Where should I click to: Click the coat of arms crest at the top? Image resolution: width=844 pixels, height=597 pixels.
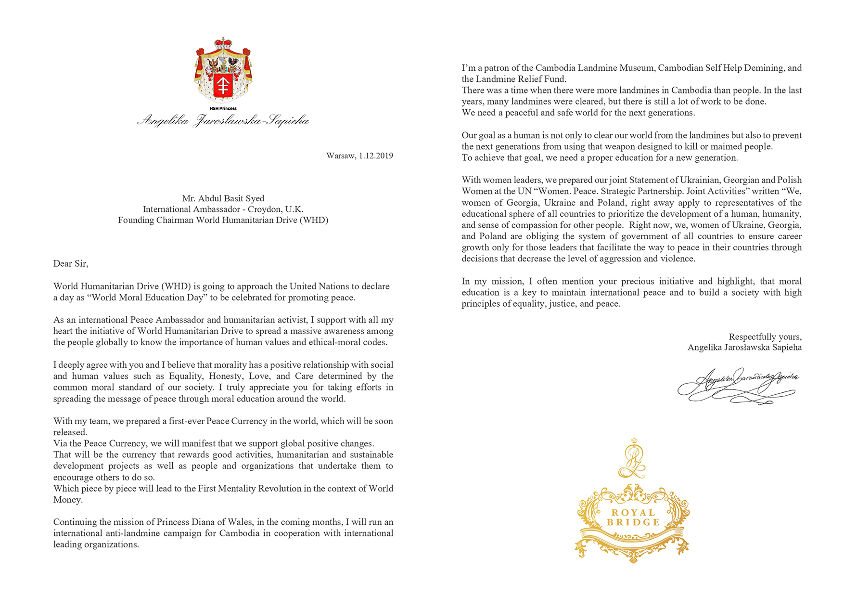(x=223, y=70)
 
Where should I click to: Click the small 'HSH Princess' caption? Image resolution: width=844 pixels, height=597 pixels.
(x=223, y=109)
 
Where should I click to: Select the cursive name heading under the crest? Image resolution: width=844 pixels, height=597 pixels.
(x=223, y=120)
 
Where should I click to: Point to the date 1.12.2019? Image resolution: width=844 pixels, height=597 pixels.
(x=376, y=156)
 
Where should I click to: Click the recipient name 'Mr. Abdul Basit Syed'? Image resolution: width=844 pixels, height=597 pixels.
(x=223, y=198)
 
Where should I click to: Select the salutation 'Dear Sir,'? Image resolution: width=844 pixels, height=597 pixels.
(x=71, y=263)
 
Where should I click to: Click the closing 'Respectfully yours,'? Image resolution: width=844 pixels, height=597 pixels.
(x=765, y=337)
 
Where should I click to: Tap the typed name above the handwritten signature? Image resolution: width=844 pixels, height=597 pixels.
(x=744, y=348)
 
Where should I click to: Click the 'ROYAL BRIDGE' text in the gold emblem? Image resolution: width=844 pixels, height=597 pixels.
(x=633, y=518)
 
